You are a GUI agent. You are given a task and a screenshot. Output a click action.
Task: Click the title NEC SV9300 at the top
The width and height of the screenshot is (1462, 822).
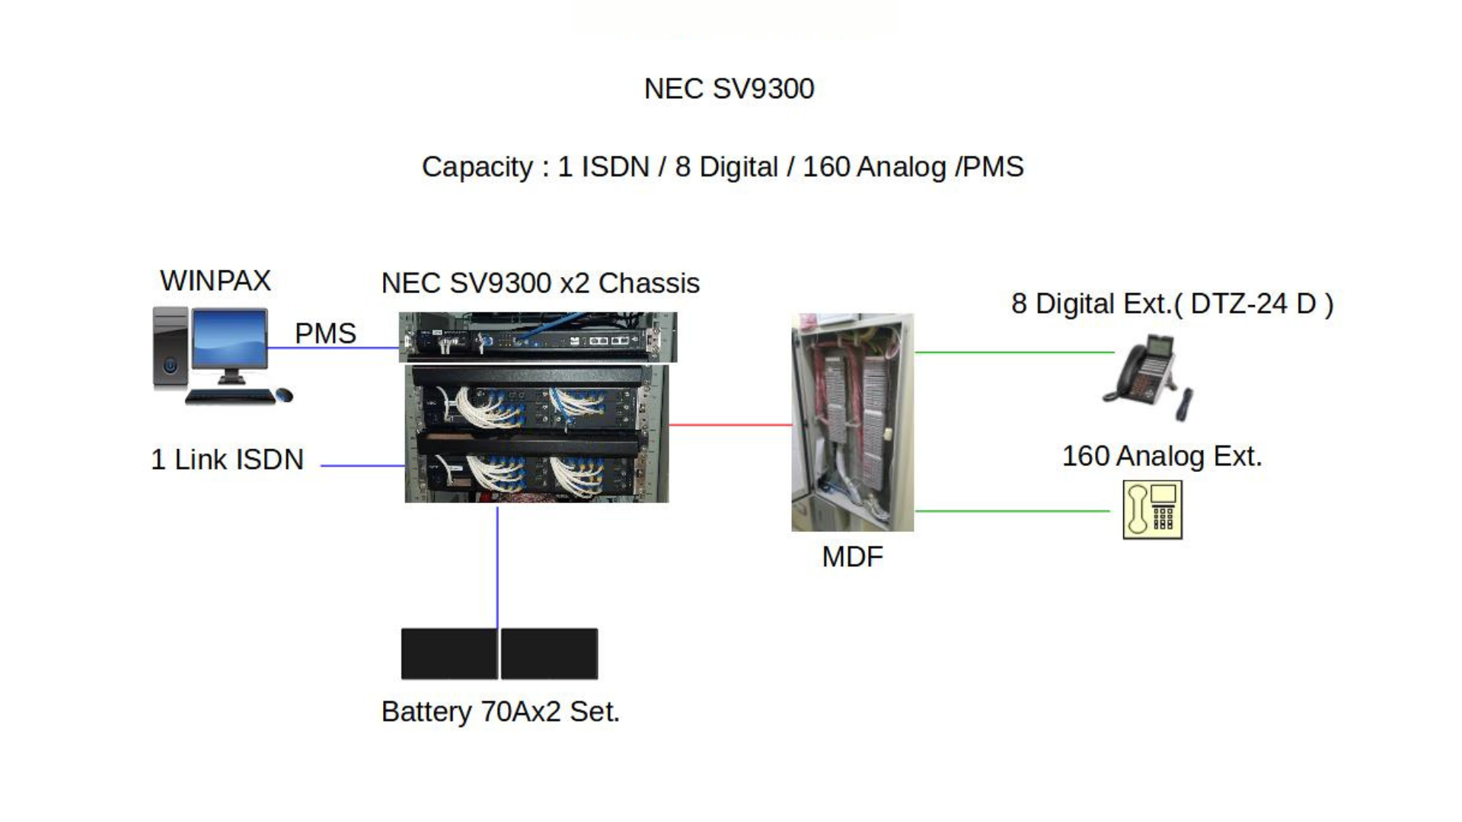click(729, 89)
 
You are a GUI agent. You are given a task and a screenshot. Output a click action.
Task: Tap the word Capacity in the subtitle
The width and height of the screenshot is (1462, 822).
click(477, 167)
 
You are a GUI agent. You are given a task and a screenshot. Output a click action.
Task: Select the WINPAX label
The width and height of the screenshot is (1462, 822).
click(215, 281)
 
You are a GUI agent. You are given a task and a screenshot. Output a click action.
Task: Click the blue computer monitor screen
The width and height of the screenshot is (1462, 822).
click(230, 337)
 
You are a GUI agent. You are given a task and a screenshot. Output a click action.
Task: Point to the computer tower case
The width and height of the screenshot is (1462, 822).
click(170, 348)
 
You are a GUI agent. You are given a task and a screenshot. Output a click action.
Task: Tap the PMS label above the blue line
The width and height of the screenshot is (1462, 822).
click(325, 333)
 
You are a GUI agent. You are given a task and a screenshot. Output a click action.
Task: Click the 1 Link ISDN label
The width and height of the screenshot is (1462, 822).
click(227, 460)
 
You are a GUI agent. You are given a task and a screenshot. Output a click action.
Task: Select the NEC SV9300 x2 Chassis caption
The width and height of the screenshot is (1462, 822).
click(540, 283)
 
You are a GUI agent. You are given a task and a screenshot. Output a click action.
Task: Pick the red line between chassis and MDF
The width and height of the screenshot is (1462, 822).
click(729, 425)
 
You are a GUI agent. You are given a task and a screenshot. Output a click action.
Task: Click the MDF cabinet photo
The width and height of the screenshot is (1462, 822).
click(852, 422)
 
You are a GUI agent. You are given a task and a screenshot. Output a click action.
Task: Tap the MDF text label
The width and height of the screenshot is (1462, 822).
click(852, 557)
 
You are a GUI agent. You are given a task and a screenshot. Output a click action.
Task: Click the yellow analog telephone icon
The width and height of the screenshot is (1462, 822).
click(1152, 509)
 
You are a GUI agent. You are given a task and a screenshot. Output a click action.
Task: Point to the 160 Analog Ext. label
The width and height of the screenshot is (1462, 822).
click(1162, 457)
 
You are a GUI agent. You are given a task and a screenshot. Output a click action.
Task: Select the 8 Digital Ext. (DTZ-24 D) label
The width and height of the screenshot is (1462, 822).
click(1172, 304)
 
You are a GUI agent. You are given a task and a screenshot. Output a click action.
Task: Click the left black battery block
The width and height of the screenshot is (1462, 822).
click(448, 653)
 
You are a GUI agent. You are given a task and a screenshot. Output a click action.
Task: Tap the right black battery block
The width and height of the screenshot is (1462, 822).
click(549, 653)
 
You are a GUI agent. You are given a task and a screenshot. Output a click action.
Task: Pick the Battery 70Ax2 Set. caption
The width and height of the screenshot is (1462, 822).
click(500, 712)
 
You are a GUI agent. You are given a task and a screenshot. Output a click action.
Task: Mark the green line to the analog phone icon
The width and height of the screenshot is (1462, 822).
click(1013, 511)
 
